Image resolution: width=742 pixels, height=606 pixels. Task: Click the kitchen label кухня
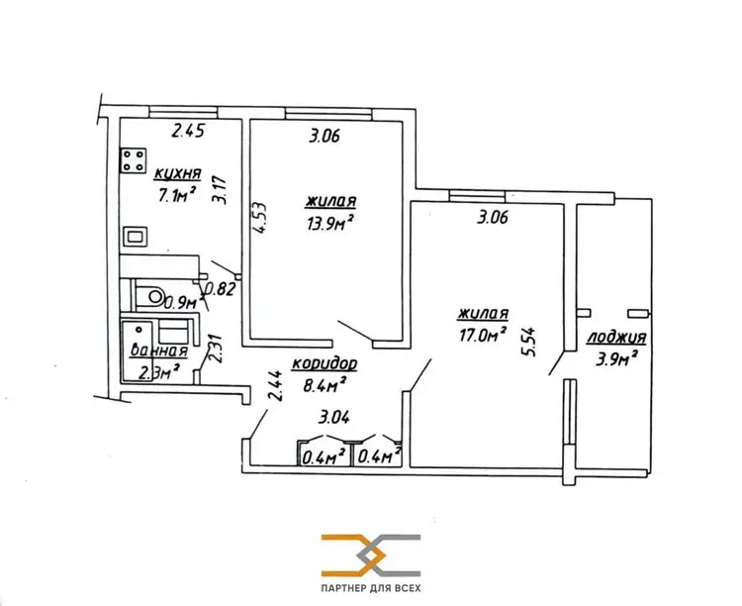point(177,174)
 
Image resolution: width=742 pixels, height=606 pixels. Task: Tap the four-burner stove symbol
point(134,160)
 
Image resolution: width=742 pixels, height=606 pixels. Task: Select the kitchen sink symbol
point(136,236)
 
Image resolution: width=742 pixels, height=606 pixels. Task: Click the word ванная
point(159,352)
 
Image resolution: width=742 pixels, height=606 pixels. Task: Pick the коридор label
point(325,363)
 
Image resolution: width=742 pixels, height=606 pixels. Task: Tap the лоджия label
point(616,338)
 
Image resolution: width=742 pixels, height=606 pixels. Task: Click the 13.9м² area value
point(330,221)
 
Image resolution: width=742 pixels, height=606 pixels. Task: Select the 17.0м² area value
point(482,334)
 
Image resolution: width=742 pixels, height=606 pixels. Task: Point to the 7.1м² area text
point(177,194)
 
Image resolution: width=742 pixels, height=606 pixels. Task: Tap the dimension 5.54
point(529,342)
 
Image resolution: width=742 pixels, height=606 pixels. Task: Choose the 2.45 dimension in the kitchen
point(188,131)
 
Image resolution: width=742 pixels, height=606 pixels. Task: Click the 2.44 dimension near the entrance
point(277,385)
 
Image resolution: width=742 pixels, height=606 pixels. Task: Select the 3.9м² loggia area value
point(614,359)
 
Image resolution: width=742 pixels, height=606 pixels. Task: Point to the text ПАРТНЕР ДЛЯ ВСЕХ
point(371,588)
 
